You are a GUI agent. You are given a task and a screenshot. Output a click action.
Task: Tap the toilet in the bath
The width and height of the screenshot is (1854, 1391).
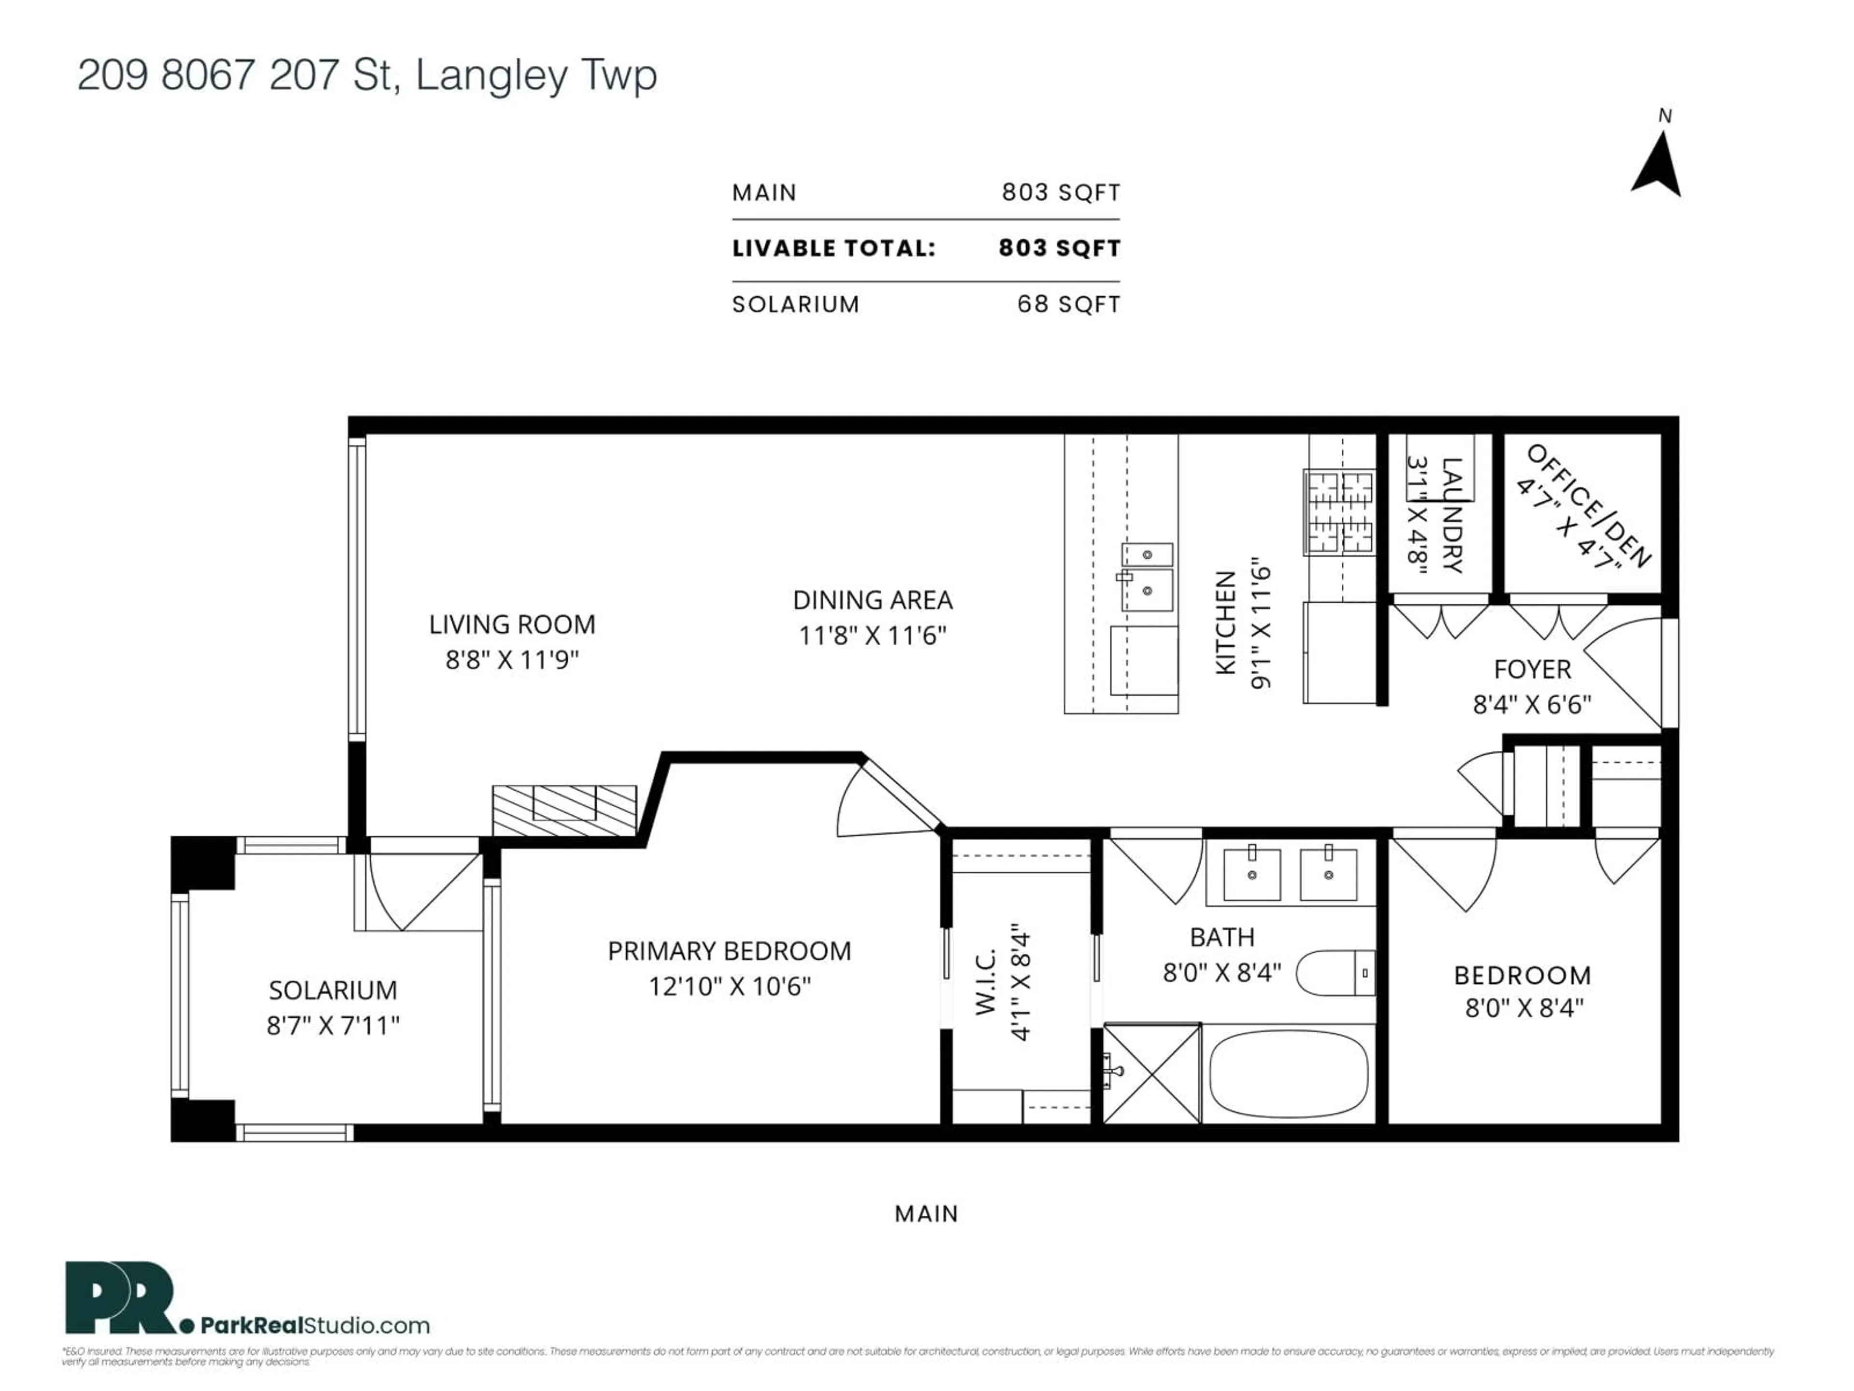pos(1334,973)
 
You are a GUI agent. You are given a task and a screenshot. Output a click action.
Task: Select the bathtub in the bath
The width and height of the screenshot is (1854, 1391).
pos(1288,1074)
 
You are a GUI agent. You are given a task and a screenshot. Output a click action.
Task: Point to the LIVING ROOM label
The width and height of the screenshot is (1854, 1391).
pos(512,625)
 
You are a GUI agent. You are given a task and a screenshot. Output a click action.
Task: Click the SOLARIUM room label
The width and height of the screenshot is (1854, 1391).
pos(333,990)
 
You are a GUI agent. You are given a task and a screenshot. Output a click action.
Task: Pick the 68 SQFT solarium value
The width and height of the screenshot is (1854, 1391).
pos(1068,304)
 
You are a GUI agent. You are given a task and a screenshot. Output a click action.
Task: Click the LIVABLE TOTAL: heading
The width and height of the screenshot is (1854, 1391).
pos(833,248)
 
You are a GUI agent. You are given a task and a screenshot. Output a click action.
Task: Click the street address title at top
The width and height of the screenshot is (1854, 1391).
pos(367,75)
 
